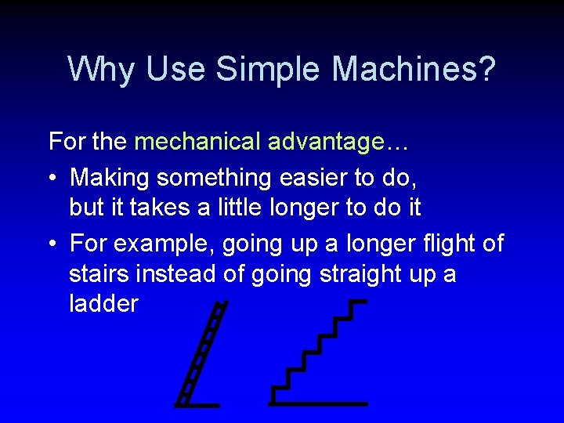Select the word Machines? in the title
click(414, 69)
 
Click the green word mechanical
click(198, 142)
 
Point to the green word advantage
click(325, 143)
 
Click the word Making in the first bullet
click(110, 178)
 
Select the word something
click(214, 178)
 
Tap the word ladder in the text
click(103, 304)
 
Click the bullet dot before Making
click(52, 179)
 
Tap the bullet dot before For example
click(52, 244)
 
